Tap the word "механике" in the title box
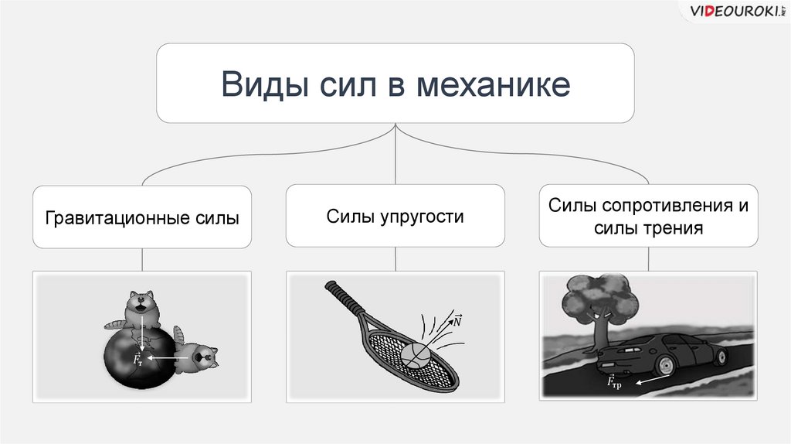(x=494, y=84)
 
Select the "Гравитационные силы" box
(x=142, y=217)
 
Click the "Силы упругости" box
(x=395, y=217)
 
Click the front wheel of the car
(x=720, y=357)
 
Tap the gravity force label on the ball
(x=137, y=359)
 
